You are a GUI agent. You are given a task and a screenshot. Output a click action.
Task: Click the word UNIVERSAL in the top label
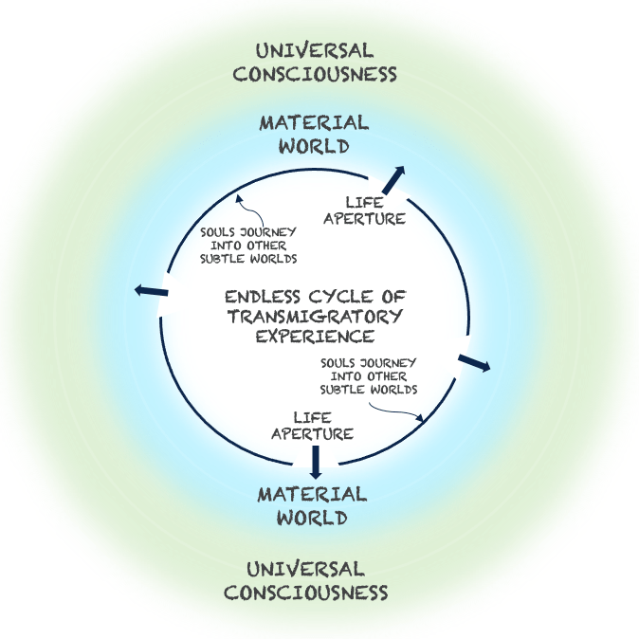coord(314,50)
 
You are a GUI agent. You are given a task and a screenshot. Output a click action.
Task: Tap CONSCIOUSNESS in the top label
coord(314,73)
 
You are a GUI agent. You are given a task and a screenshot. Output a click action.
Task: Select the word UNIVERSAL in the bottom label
coord(305,569)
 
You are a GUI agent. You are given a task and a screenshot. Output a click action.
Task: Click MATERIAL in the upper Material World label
coord(314,123)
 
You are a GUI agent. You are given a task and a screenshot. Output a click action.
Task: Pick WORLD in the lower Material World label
coord(312,518)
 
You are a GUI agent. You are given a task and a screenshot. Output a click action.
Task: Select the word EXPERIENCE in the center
coord(315,336)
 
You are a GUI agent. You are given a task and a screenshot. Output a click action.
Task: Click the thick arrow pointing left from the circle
coord(152,291)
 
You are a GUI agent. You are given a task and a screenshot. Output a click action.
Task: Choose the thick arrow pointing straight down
coord(316,461)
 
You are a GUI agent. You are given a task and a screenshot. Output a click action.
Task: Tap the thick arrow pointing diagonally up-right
coord(393,179)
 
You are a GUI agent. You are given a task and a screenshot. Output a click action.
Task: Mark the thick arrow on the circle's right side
coord(474,362)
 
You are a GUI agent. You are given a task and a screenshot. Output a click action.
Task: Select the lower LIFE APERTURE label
coord(313,426)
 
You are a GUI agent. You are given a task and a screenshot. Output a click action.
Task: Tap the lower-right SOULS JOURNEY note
coord(370,375)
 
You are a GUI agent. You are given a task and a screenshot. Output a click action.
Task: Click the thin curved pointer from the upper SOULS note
coord(245,209)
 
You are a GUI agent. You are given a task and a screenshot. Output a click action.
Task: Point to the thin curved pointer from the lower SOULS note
coord(398,411)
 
